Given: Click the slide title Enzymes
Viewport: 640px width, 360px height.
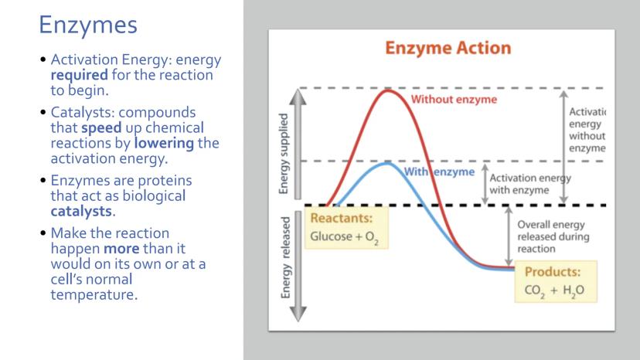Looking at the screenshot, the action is click(88, 25).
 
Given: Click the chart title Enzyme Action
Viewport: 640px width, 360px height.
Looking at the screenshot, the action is click(448, 48).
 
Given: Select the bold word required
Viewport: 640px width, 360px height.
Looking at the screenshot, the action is click(79, 75).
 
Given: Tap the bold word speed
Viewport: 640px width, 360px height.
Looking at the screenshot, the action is click(101, 127).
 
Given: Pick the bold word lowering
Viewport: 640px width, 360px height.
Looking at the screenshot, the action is click(164, 143).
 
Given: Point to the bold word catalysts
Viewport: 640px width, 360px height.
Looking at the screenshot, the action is click(81, 211).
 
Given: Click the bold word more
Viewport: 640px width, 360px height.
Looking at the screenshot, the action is click(121, 249).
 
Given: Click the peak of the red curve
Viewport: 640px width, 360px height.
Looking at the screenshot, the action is click(387, 90).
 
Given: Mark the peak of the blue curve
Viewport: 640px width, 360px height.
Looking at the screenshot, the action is click(386, 164).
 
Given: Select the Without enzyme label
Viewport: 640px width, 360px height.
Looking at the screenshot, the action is click(454, 99).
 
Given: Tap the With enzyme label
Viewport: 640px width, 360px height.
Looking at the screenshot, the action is click(439, 172).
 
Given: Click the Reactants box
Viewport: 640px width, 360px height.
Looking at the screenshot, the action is click(346, 228).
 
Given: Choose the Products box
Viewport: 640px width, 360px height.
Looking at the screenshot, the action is click(556, 282).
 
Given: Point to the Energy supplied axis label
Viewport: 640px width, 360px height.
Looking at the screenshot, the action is click(283, 154).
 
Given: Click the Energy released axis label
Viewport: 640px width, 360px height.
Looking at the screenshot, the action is click(285, 257).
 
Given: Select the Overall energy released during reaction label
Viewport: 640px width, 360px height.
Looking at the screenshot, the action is click(553, 236).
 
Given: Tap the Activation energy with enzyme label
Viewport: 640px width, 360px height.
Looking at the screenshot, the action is click(530, 184).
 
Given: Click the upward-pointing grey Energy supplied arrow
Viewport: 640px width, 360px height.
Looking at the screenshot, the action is click(298, 144).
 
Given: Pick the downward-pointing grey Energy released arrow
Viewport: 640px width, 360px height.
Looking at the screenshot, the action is click(298, 266).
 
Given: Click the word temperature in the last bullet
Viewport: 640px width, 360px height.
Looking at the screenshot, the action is click(94, 294).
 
